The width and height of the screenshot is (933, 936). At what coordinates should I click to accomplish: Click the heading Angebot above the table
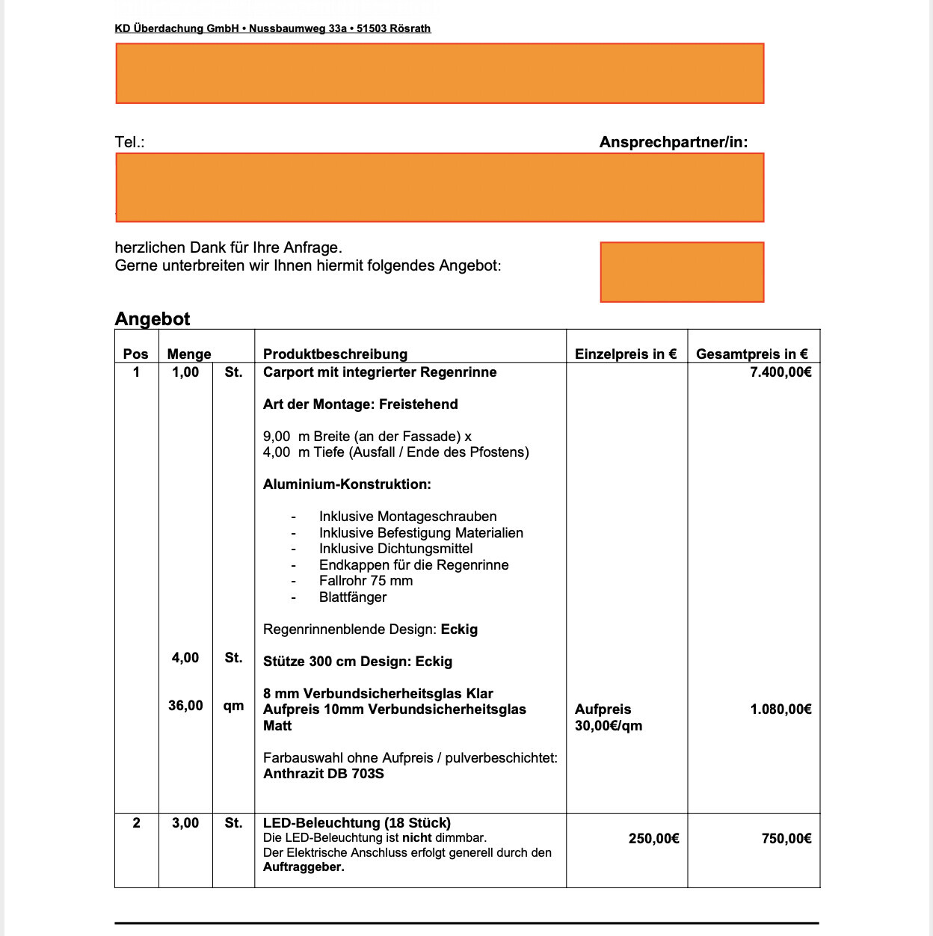click(153, 319)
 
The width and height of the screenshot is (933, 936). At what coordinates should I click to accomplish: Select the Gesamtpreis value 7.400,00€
click(780, 372)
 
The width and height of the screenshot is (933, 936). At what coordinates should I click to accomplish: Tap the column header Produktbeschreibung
click(335, 354)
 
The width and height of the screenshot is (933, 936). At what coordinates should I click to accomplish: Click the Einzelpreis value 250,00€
click(653, 839)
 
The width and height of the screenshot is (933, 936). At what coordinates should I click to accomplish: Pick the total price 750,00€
click(786, 839)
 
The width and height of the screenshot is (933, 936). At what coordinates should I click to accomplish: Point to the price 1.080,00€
click(780, 709)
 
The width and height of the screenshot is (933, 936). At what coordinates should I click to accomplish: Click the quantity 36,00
click(185, 706)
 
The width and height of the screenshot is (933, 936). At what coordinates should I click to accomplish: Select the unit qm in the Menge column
click(233, 706)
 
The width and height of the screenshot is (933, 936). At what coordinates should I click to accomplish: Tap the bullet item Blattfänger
click(353, 597)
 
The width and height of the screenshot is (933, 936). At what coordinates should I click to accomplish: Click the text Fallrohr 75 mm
click(366, 581)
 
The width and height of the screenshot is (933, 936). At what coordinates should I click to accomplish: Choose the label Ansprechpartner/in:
click(673, 142)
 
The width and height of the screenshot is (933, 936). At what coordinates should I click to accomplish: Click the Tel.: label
click(129, 142)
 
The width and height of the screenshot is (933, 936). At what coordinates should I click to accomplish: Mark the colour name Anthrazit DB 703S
click(324, 774)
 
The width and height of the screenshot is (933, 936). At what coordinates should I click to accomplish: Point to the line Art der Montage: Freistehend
click(360, 404)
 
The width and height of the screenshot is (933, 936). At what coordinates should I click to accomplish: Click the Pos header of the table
click(135, 354)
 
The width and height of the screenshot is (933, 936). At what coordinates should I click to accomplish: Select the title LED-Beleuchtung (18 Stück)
click(357, 823)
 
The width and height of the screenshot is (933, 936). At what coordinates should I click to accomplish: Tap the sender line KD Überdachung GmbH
click(272, 28)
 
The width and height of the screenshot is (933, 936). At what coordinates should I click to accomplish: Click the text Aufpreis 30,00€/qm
click(608, 718)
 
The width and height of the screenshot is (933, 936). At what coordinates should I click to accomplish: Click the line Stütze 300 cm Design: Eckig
click(357, 662)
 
